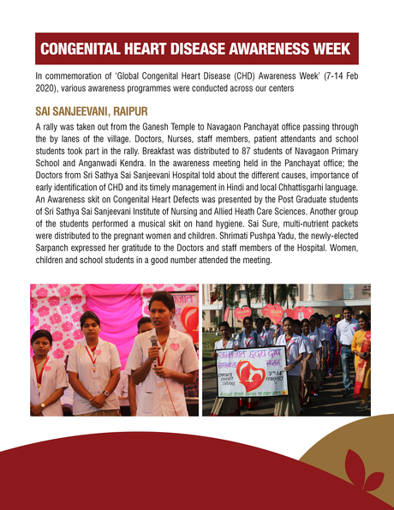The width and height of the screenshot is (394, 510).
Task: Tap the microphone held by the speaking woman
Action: [154, 341]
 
